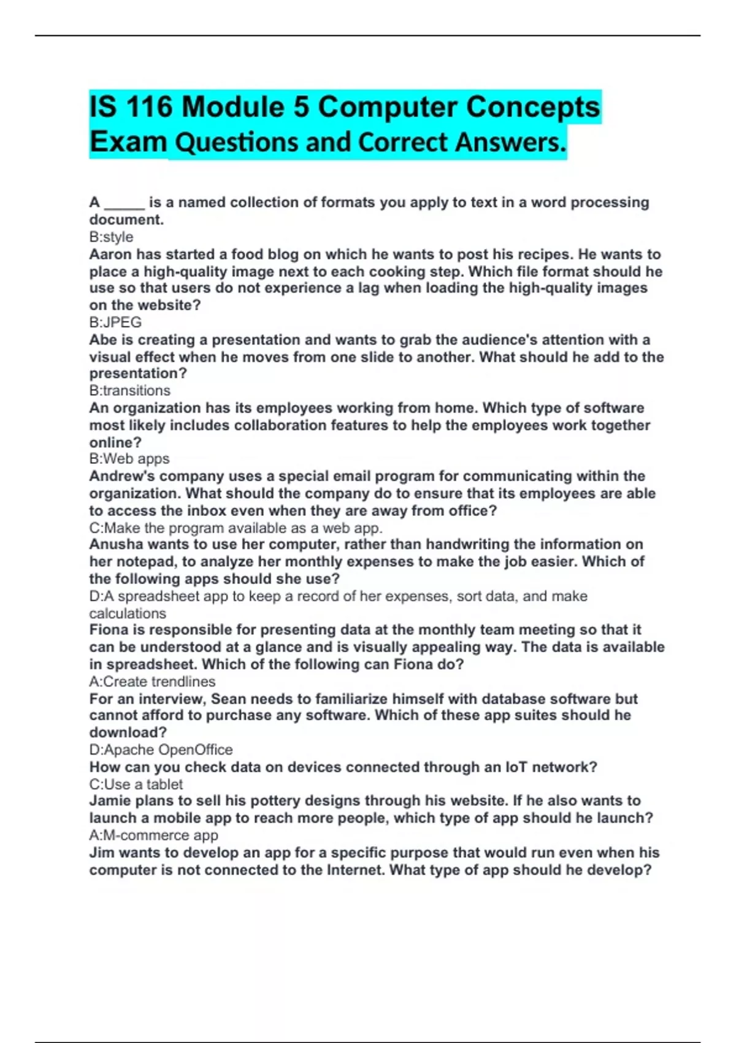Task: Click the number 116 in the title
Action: pyautogui.click(x=148, y=107)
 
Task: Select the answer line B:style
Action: pyautogui.click(x=111, y=237)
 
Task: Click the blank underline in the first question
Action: pyautogui.click(x=125, y=204)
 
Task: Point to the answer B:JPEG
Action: pyautogui.click(x=115, y=322)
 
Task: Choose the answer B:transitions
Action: pyautogui.click(x=130, y=390)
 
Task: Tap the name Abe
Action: pyautogui.click(x=101, y=339)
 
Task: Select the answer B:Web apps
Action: pyautogui.click(x=129, y=458)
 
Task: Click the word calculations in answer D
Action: pyautogui.click(x=128, y=613)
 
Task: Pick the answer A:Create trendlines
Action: pyautogui.click(x=152, y=681)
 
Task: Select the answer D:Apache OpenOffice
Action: pyautogui.click(x=161, y=749)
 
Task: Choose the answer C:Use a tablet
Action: pyautogui.click(x=136, y=784)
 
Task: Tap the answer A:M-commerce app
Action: pyautogui.click(x=153, y=835)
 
